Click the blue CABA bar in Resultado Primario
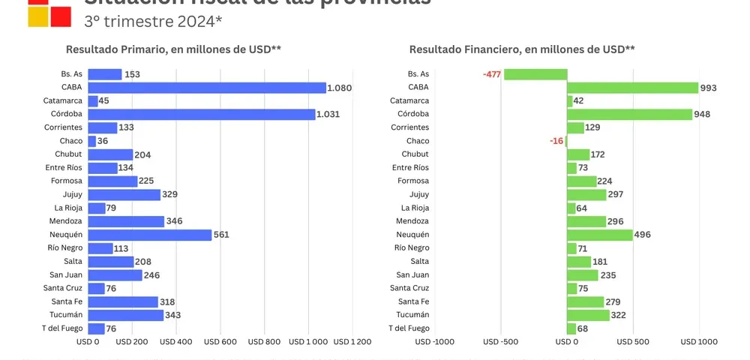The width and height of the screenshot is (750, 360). click(207, 88)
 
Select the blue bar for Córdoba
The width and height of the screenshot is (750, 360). click(201, 115)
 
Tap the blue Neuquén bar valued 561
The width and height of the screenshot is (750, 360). click(150, 235)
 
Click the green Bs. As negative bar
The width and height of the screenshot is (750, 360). click(535, 74)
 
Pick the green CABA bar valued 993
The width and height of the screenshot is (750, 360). click(632, 88)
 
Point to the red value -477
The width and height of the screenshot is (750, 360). click(492, 74)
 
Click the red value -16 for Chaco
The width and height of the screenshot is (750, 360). click(556, 141)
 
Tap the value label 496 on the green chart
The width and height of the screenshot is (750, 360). click(643, 235)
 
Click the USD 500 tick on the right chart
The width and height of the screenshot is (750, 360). click(633, 342)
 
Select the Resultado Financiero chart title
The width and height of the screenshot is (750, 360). click(522, 49)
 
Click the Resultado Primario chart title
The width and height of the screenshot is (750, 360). click(173, 49)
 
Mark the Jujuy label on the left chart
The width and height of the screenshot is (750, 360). click(71, 195)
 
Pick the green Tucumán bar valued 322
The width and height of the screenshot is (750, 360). click(588, 315)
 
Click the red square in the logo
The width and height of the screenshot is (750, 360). click(61, 16)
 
